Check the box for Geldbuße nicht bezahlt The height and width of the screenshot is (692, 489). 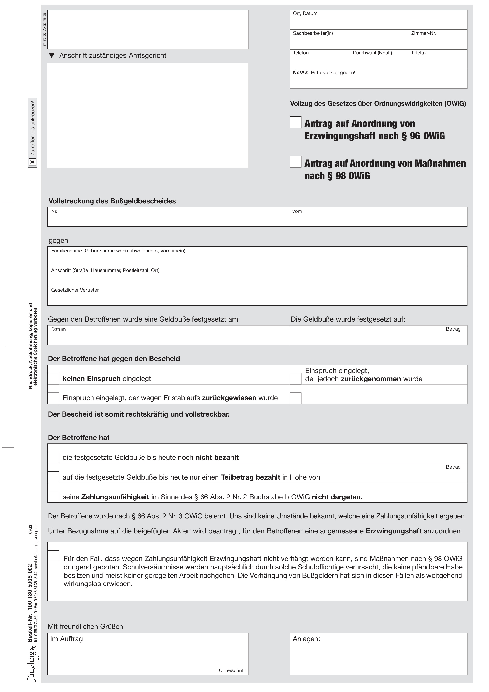[53, 457]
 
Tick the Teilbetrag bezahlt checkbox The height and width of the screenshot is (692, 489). [53, 477]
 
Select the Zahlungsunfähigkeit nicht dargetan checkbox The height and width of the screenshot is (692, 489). [53, 497]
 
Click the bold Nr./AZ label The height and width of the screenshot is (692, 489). [300, 73]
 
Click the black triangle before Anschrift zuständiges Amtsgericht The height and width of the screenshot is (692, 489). [52, 55]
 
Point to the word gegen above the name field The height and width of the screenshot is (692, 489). [58, 241]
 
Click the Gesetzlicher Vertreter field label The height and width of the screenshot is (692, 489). [75, 290]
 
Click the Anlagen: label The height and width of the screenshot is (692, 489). [306, 639]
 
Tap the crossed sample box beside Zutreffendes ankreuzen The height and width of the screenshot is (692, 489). [33, 162]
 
